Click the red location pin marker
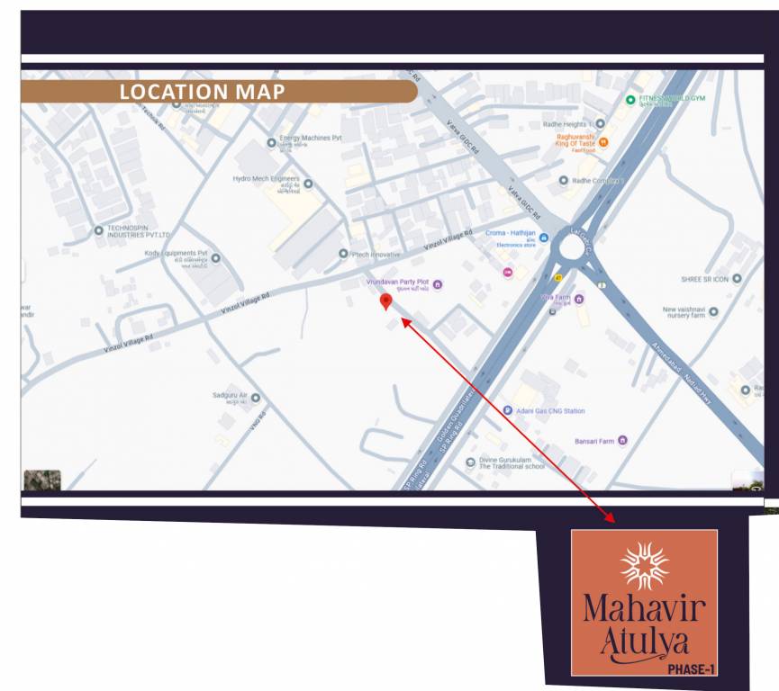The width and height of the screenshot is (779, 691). [x=386, y=301]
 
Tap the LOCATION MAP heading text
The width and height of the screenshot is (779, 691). [x=202, y=92]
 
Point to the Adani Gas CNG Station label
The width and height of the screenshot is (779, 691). [x=549, y=411]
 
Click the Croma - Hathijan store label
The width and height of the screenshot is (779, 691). [x=511, y=233]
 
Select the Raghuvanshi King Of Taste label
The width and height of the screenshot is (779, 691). [x=571, y=140]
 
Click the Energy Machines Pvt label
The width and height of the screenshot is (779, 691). [x=311, y=138]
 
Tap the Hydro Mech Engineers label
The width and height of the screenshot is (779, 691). [x=266, y=179]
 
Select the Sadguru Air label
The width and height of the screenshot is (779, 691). [x=231, y=396]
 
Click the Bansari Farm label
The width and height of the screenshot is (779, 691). [x=594, y=441]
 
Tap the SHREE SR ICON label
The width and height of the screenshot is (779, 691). [x=704, y=278]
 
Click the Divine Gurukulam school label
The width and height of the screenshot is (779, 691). [x=511, y=463]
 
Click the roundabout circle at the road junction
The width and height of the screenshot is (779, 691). [x=578, y=245]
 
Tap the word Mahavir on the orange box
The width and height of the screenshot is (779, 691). [x=644, y=610]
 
